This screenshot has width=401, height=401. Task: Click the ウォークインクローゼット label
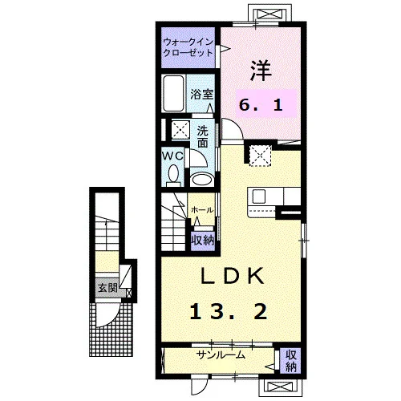coord(188,47)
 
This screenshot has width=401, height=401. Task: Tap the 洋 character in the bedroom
coord(261,71)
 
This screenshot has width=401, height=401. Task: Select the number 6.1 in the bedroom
coord(261,105)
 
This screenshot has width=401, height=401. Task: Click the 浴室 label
coord(202,94)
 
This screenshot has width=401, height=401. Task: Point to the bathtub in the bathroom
coord(174,93)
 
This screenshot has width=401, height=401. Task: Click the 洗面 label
coord(203,136)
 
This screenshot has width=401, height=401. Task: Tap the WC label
coord(173,156)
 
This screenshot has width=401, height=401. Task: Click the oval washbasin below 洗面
coord(203,180)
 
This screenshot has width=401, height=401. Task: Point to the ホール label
coord(202,210)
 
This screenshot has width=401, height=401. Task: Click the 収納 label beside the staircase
coord(203,241)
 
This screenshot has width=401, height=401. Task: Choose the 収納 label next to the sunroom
coord(290,361)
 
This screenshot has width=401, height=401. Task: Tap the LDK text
coord(232,276)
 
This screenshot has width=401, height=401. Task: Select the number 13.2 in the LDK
coord(229,312)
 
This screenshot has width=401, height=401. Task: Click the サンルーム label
coord(221,355)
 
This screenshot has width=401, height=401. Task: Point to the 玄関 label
coord(107,288)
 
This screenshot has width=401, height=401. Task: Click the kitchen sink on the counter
coord(259,196)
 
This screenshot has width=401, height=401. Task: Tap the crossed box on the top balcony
coord(269,14)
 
